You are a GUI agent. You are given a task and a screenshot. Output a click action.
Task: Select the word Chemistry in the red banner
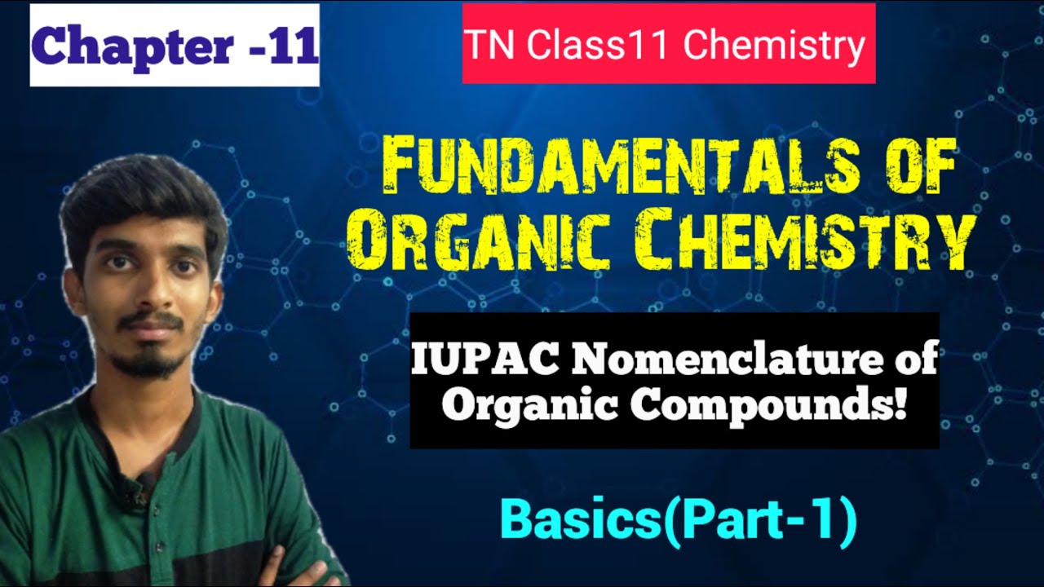(x=774, y=46)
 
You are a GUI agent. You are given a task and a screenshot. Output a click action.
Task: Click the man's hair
(x=143, y=196)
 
